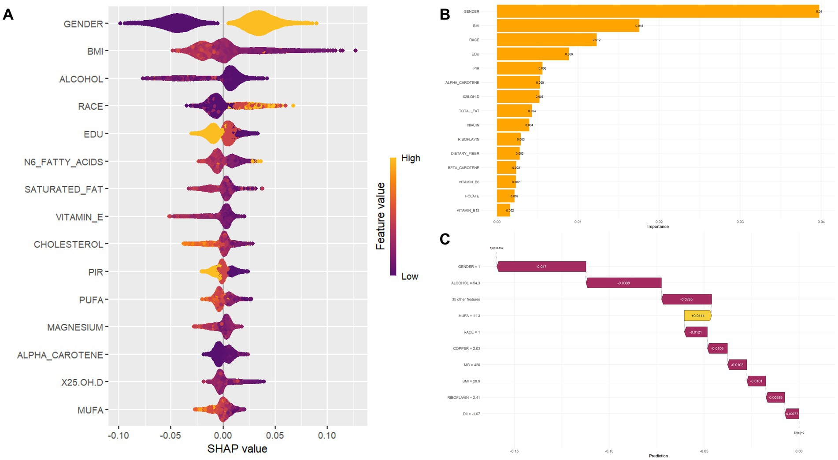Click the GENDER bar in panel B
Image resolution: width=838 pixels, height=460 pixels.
tap(657, 11)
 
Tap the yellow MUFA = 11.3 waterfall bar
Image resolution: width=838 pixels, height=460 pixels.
tap(697, 315)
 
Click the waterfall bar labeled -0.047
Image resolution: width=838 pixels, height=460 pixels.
tap(541, 267)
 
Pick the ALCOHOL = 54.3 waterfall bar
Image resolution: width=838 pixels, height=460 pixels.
tap(623, 283)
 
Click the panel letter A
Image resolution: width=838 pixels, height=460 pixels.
tap(8, 15)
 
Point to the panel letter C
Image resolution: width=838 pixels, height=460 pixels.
tap(445, 239)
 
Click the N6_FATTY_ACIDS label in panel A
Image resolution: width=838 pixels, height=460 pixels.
tap(63, 162)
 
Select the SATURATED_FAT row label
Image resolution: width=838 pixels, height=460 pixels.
tap(63, 189)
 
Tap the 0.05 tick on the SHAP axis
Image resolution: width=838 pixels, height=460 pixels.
tap(275, 435)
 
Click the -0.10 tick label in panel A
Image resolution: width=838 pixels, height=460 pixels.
tap(118, 435)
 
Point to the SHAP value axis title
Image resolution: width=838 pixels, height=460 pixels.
tap(237, 449)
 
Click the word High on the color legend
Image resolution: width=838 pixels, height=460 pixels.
tap(411, 158)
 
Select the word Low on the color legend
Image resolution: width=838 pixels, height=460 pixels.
tap(409, 277)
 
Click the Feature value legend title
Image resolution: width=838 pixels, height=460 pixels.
tap(381, 216)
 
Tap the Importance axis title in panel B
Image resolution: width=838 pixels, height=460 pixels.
tap(658, 226)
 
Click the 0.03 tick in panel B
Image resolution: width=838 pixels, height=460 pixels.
tap(740, 222)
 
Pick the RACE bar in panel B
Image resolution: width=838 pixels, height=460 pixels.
tap(546, 40)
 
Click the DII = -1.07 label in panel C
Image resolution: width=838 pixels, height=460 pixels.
tap(471, 414)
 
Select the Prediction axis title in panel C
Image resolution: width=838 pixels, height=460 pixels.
tap(658, 456)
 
